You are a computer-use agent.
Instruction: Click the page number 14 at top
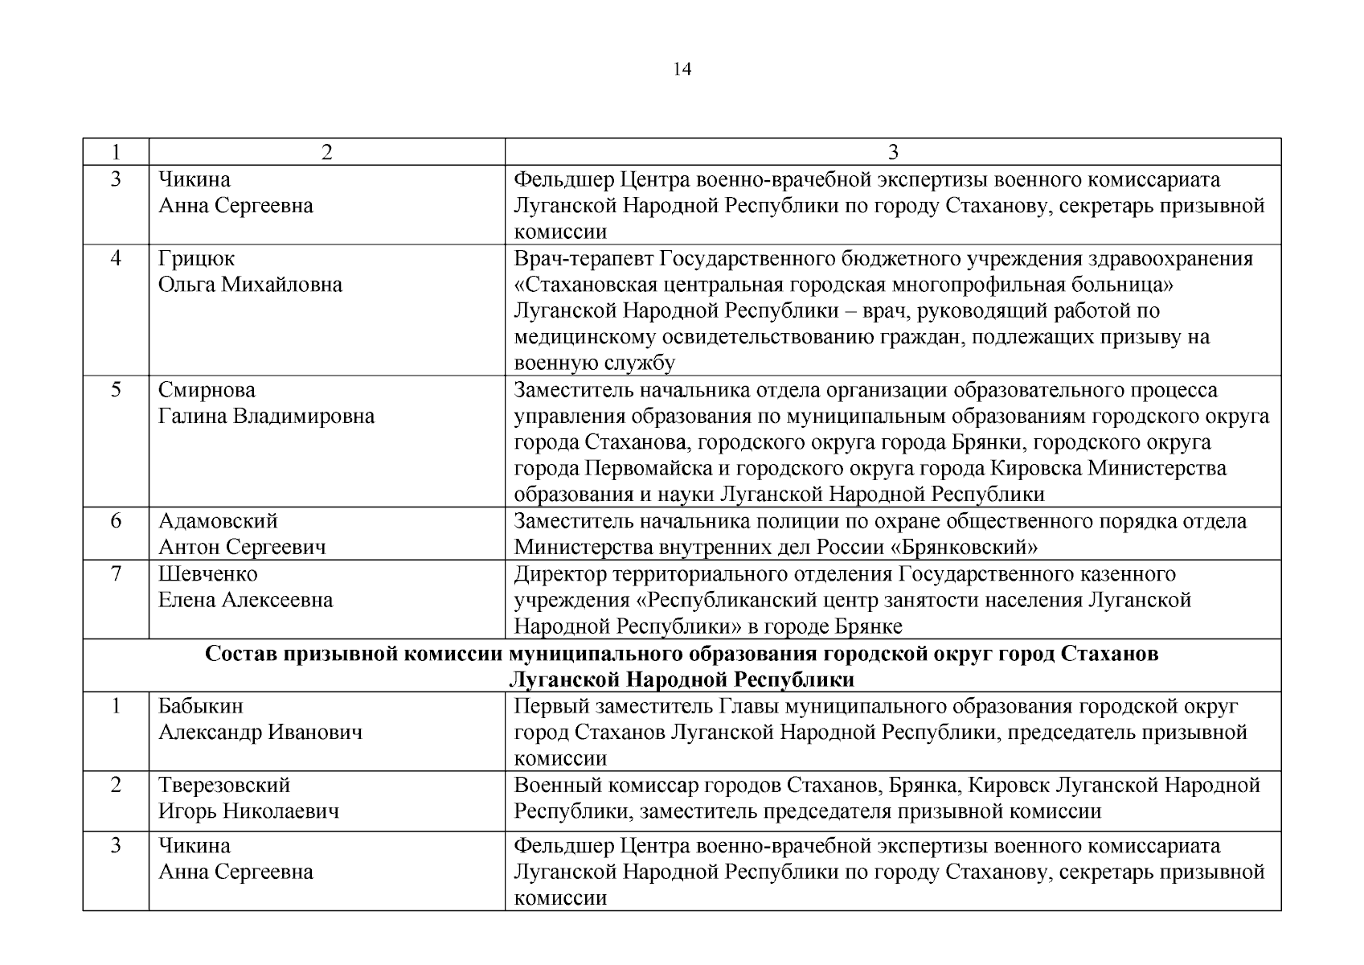pyautogui.click(x=682, y=69)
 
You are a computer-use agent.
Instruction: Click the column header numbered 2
pyautogui.click(x=326, y=153)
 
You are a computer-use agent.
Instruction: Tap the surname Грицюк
pyautogui.click(x=197, y=259)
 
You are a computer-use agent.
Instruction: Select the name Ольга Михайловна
pyautogui.click(x=250, y=285)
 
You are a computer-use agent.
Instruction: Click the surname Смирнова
pyautogui.click(x=207, y=390)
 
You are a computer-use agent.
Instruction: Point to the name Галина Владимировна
pyautogui.click(x=266, y=417)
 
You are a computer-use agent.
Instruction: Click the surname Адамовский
pyautogui.click(x=218, y=521)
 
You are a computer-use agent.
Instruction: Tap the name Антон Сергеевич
pyautogui.click(x=242, y=548)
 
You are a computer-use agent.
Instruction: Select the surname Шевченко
pyautogui.click(x=208, y=574)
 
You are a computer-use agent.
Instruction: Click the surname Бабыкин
pyautogui.click(x=200, y=706)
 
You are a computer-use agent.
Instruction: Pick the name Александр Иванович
pyautogui.click(x=260, y=733)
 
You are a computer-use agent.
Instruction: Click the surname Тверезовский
pyautogui.click(x=224, y=785)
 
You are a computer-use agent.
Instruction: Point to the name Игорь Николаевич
pyautogui.click(x=248, y=811)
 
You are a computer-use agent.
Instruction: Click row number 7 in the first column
pyautogui.click(x=116, y=574)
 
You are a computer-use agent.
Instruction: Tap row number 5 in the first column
pyautogui.click(x=116, y=390)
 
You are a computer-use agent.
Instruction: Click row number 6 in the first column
pyautogui.click(x=116, y=521)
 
